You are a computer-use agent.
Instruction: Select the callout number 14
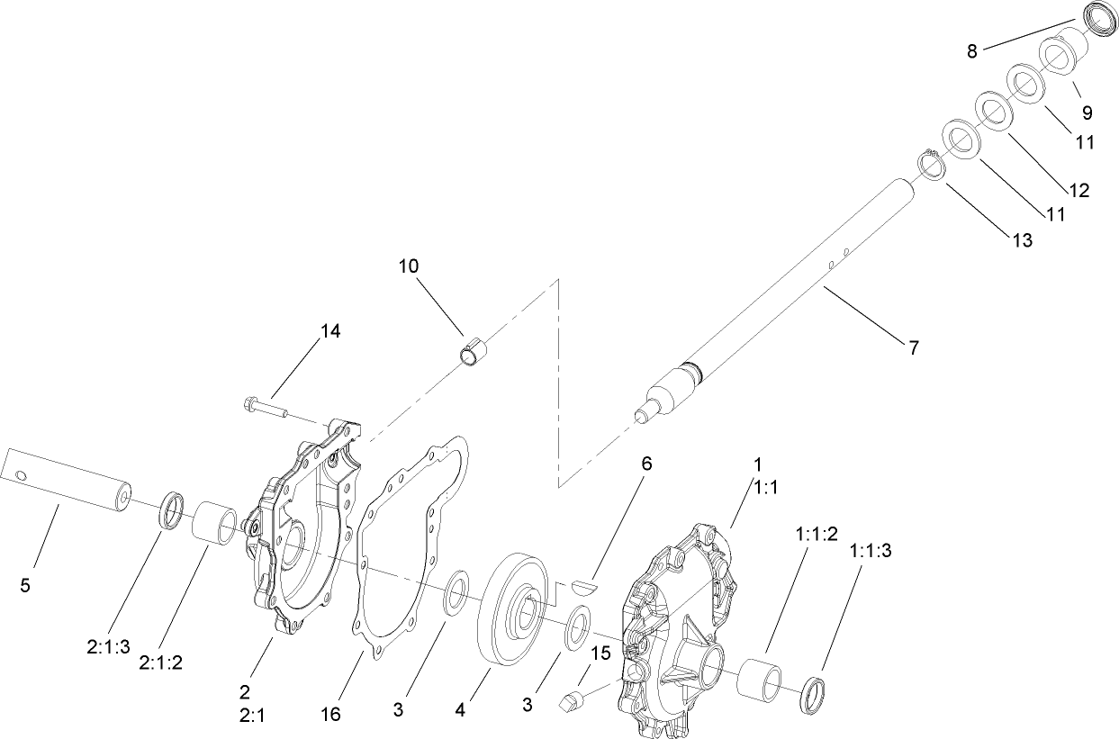tap(330, 331)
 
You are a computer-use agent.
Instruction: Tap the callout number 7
tap(913, 347)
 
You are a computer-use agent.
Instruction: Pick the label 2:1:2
tap(161, 662)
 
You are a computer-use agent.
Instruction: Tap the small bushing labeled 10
tap(474, 352)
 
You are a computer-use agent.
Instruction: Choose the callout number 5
tap(25, 585)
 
